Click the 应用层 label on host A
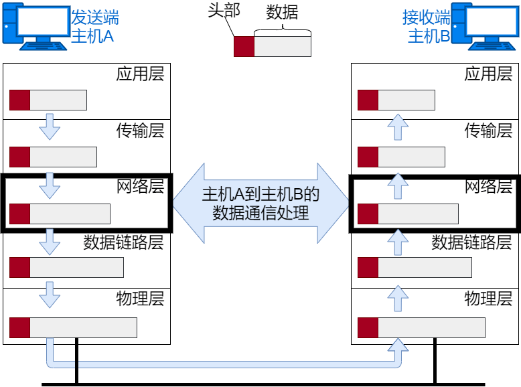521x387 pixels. click(140, 74)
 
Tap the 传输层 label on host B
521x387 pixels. click(488, 130)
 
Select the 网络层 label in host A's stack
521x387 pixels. click(140, 186)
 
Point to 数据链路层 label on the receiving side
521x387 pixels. click(471, 242)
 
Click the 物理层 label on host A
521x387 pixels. click(140, 297)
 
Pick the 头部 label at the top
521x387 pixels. click(223, 13)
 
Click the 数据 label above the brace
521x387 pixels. click(282, 13)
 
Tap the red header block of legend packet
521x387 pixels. click(244, 46)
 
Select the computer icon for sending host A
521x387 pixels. click(36, 25)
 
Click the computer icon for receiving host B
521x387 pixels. click(486, 25)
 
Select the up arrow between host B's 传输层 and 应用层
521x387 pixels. click(398, 126)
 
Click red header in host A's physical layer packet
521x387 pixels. click(20, 328)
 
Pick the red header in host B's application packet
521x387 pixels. click(368, 100)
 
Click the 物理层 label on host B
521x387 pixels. click(488, 297)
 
